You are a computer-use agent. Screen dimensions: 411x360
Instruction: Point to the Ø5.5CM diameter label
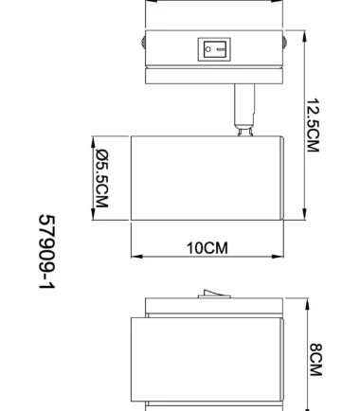pyautogui.click(x=101, y=180)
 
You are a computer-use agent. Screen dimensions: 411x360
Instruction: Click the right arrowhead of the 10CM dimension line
pyautogui.click(x=280, y=257)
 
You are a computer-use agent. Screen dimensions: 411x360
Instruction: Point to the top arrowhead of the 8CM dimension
pyautogui.click(x=308, y=304)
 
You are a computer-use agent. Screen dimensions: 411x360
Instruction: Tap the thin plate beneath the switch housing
pyautogui.click(x=213, y=75)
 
